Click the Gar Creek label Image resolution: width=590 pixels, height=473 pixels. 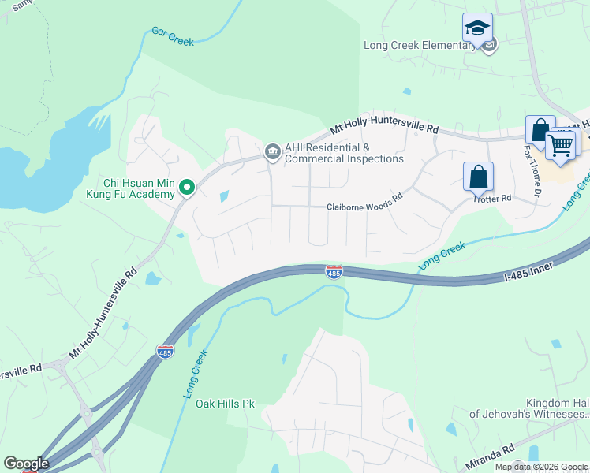click(172, 36)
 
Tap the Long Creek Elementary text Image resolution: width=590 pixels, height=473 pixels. click(420, 45)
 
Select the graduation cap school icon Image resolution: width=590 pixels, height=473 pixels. click(477, 29)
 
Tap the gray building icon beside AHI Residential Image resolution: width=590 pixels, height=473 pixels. click(272, 151)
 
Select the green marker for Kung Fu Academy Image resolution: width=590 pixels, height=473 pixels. click(187, 187)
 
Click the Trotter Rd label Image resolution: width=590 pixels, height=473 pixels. click(492, 199)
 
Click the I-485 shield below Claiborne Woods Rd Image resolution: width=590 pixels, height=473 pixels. click(334, 272)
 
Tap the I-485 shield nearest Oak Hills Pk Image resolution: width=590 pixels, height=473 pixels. click(165, 352)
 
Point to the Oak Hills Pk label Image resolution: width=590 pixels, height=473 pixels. click(225, 404)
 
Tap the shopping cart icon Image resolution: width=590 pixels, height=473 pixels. click(560, 144)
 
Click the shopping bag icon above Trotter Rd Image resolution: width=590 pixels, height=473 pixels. click(478, 177)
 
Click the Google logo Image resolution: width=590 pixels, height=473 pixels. click(25, 464)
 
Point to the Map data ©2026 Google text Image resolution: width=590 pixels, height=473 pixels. click(542, 467)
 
